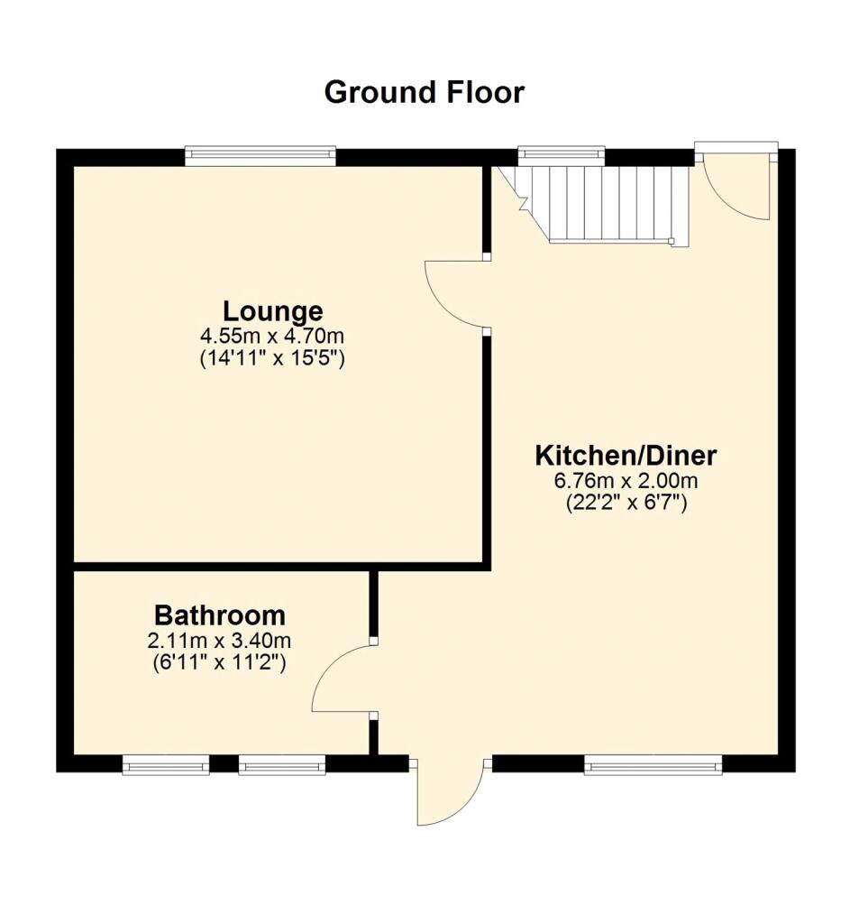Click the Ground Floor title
(x=424, y=92)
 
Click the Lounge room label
(x=272, y=311)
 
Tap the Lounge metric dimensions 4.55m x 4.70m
(x=272, y=336)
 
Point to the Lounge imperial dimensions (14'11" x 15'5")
(x=272, y=357)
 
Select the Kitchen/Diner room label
(x=626, y=454)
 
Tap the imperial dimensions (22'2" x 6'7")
(x=626, y=502)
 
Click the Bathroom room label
(x=220, y=615)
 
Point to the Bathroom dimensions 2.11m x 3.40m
(x=222, y=641)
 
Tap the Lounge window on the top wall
(x=260, y=156)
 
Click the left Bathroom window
(x=166, y=766)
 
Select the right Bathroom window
(x=281, y=766)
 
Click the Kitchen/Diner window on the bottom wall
(x=653, y=766)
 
